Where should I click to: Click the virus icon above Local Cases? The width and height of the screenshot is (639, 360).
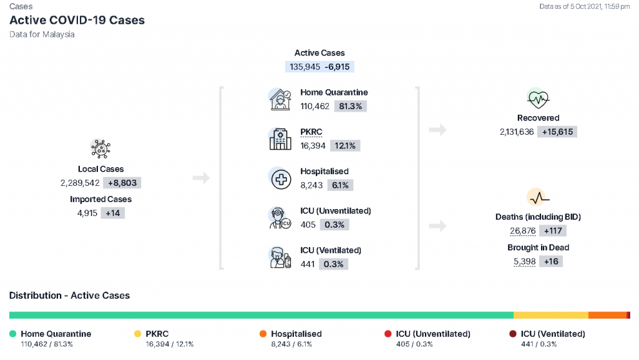coord(100,148)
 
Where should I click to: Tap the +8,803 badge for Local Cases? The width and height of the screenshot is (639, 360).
coord(122,183)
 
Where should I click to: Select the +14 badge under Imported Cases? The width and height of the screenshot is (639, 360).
coord(113,213)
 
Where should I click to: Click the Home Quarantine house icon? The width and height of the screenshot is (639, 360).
coord(280,99)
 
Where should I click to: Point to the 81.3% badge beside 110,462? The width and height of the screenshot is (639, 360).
coord(351,106)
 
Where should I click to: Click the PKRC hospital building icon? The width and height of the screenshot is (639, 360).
coord(280,139)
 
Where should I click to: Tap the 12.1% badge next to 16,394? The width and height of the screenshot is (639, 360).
coord(344,146)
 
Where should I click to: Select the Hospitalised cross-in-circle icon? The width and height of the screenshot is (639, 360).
coord(281,179)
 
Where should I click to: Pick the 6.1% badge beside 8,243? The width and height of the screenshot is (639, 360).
coord(340,185)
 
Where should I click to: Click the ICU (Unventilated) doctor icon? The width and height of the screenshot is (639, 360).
coord(280,218)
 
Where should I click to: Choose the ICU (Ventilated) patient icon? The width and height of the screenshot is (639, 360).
coord(280,258)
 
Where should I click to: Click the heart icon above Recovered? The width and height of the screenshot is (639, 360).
coord(538,99)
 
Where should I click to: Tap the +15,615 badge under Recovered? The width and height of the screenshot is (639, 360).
coord(557,132)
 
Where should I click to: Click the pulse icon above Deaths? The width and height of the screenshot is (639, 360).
coord(539,198)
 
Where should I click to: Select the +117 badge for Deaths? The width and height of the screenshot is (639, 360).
coord(553,231)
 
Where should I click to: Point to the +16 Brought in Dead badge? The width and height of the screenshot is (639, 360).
coord(551,261)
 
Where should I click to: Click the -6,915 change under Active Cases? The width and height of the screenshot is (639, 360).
coord(337,67)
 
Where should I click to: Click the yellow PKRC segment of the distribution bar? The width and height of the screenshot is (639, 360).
coord(551,315)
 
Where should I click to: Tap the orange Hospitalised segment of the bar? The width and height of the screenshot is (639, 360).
coord(607,315)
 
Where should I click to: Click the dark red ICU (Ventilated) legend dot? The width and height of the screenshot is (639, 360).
coord(513,334)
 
